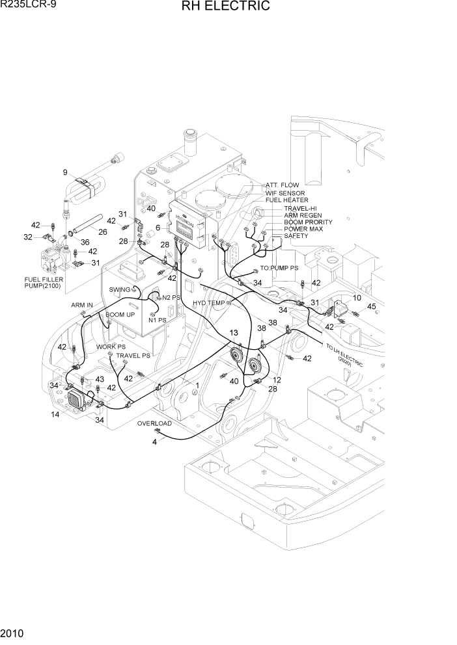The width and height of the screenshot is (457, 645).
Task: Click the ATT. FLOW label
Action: pos(282,185)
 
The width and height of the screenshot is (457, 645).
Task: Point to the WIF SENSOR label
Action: pos(284,193)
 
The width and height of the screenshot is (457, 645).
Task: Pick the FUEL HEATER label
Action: pos(286,200)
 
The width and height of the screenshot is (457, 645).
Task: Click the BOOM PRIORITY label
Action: pos(308,222)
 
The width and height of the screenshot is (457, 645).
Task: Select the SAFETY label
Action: pos(296,236)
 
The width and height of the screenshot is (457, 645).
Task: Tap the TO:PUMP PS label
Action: pos(279,268)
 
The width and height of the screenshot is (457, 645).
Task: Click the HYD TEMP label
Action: pos(208,303)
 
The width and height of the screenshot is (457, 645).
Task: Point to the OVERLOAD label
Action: pos(154,423)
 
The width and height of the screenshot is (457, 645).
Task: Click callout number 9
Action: pos(65,172)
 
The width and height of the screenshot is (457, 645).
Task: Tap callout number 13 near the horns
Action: pos(233,333)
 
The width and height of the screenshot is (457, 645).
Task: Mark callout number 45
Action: pos(372,306)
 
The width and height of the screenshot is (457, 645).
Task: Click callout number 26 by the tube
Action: pos(102,231)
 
